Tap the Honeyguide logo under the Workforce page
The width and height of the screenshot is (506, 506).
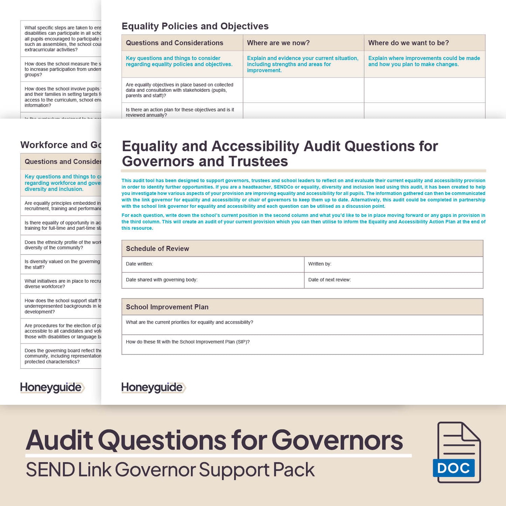click(52, 387)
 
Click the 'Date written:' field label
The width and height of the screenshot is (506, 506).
click(139, 264)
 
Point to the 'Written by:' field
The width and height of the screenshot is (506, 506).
click(320, 264)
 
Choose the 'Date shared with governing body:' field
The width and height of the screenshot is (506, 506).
click(162, 280)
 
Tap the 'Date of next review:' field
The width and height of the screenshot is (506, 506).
click(330, 280)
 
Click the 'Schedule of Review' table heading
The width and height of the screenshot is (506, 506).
click(158, 249)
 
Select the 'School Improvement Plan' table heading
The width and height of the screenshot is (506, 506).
click(167, 307)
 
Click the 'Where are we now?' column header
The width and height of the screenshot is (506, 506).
click(278, 43)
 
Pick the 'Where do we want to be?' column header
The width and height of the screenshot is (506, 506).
click(409, 43)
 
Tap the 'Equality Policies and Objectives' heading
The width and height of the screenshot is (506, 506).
click(195, 26)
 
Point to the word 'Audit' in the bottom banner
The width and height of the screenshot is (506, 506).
click(59, 440)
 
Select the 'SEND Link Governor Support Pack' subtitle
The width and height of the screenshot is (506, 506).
click(170, 470)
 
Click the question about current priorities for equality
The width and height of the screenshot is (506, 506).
click(189, 323)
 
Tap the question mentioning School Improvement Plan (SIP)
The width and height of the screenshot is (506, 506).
click(188, 342)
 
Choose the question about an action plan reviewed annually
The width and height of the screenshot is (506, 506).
click(180, 112)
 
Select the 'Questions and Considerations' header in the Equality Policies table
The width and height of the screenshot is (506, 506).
click(174, 43)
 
